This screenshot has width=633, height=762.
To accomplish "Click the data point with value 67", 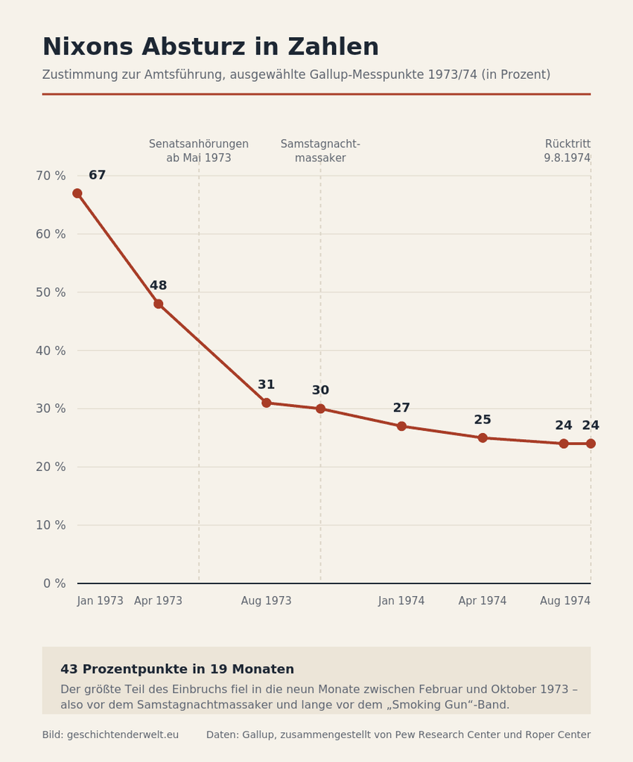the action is [x=77, y=193].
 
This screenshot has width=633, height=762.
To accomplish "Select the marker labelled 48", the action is [x=159, y=304].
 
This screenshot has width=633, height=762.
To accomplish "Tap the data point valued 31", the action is [x=267, y=403].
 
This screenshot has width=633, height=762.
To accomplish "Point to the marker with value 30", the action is [x=320, y=409].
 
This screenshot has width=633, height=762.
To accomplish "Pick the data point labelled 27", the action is [x=401, y=426].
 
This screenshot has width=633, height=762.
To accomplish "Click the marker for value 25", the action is [x=483, y=438].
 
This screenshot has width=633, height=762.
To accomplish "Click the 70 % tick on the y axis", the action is [x=51, y=176].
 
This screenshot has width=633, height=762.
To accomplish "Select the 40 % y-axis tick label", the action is [x=51, y=350].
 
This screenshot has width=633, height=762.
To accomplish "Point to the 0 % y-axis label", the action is [x=54, y=583].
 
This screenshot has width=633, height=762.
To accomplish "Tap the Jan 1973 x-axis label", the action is [x=100, y=601].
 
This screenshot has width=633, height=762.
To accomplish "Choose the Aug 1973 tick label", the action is [x=267, y=601].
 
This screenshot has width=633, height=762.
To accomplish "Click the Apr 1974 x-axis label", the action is [x=483, y=601].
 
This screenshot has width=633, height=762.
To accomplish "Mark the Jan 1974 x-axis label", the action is [x=401, y=601].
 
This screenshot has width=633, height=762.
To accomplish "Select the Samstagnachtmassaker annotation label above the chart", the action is [x=320, y=151].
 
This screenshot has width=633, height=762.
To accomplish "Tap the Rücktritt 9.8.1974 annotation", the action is [x=567, y=151].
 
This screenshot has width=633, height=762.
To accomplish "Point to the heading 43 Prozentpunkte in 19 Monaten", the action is [x=177, y=669].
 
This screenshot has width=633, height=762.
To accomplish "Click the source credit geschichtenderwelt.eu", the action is [x=123, y=734].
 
